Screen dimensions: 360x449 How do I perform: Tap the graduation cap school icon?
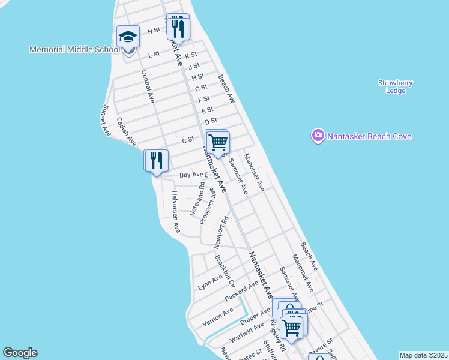click(128, 38)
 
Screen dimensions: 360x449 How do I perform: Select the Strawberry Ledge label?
click(395, 86)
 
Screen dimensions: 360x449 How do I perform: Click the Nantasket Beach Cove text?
click(369, 136)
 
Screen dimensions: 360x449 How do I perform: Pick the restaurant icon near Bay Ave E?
click(155, 160)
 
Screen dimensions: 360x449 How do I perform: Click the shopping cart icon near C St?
click(217, 142)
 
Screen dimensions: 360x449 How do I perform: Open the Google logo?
click(20, 353)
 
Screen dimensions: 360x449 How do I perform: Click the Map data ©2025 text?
click(423, 355)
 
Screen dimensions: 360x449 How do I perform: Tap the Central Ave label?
click(148, 85)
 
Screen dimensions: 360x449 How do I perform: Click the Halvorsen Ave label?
click(176, 212)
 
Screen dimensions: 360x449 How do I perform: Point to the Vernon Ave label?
click(217, 316)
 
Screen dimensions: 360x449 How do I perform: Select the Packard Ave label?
click(241, 290)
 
